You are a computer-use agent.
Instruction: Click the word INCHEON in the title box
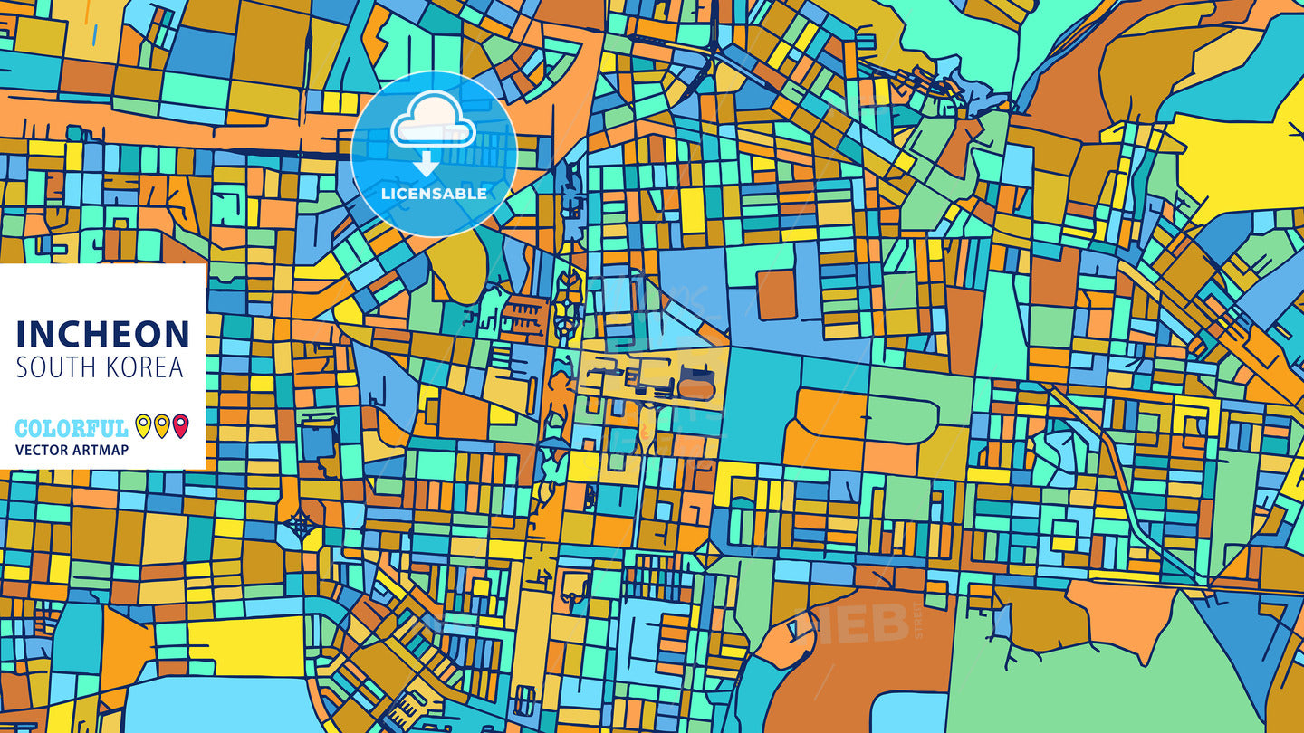click(x=102, y=334)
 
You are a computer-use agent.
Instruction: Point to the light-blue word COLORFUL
click(x=72, y=428)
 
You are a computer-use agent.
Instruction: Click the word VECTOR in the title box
click(x=42, y=450)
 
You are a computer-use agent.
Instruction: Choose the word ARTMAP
click(x=100, y=450)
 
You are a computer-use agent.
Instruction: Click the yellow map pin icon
click(x=142, y=425)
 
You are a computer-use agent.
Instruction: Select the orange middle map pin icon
click(x=161, y=425)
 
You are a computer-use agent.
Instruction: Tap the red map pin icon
click(x=180, y=425)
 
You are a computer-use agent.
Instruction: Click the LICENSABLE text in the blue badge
click(x=434, y=194)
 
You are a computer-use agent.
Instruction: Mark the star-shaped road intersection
click(x=301, y=523)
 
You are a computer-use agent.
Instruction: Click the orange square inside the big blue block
click(x=776, y=295)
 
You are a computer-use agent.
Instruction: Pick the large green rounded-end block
click(x=901, y=420)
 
